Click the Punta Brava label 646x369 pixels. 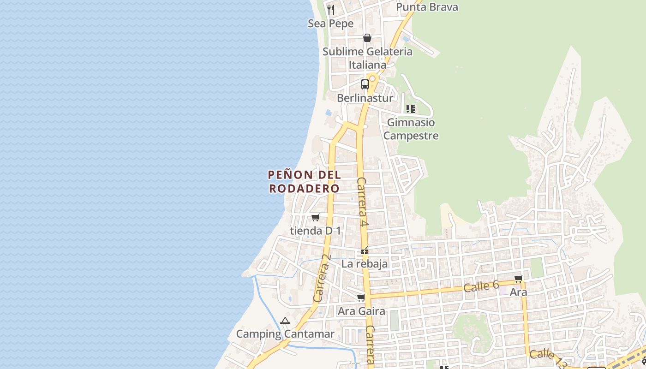point(427,7)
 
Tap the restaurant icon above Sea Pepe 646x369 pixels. point(331,9)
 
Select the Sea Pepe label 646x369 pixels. point(330,24)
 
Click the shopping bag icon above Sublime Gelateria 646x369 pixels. point(367,38)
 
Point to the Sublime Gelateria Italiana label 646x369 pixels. point(367,58)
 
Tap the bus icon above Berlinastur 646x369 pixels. point(365,84)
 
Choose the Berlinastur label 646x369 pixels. point(365,98)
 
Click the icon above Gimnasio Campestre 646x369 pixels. point(410,109)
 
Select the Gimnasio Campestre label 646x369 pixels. point(411,129)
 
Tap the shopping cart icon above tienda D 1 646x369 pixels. point(316,217)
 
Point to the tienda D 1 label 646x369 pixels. point(316,231)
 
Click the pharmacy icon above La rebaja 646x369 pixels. point(365,251)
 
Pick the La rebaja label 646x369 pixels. point(365,264)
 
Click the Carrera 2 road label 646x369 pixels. point(322,284)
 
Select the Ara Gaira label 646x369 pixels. point(361,311)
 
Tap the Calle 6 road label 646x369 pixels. point(481,286)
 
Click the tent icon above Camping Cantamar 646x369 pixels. point(285,321)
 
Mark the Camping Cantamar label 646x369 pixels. point(285,334)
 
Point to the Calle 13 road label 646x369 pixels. point(548,358)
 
